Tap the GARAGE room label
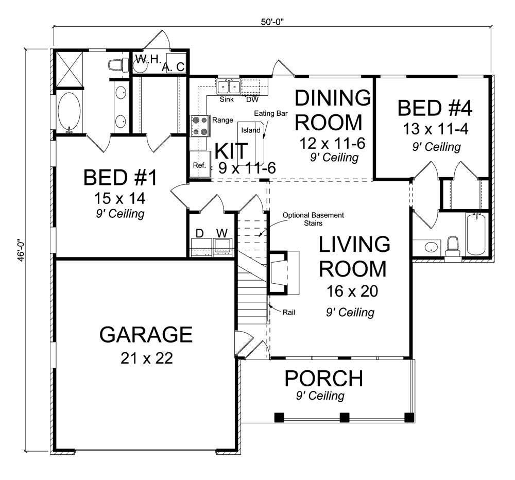(146, 334)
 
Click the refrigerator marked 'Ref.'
(199, 165)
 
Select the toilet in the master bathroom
(118, 65)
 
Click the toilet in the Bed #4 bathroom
(453, 245)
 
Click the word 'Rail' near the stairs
(288, 312)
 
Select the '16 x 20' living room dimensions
(352, 292)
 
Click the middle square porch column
(345, 417)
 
